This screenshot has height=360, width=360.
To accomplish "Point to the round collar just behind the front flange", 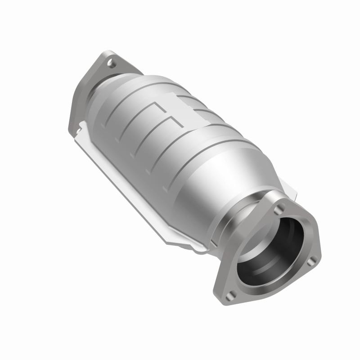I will [x=250, y=211].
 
